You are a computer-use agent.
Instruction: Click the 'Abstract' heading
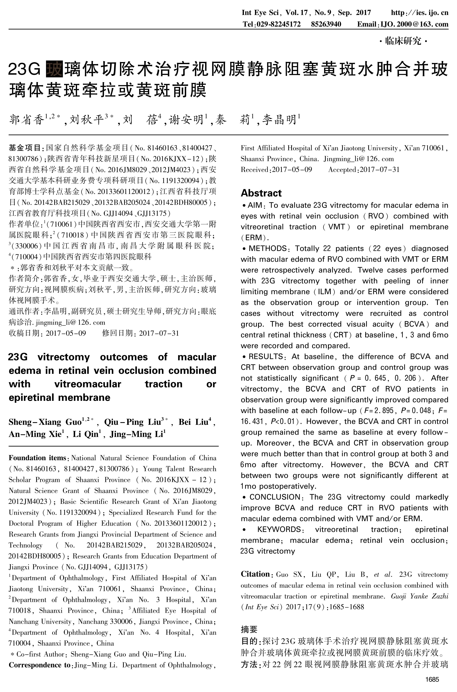[x=261, y=193]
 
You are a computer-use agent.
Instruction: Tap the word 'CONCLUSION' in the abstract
[x=275, y=497]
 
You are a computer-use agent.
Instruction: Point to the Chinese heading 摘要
[x=249, y=630]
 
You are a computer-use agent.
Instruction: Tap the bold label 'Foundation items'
[x=37, y=458]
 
